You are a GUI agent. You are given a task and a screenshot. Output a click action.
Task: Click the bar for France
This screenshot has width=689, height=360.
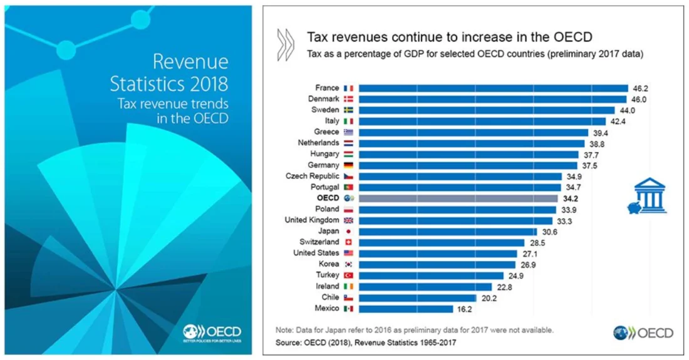tap(493, 88)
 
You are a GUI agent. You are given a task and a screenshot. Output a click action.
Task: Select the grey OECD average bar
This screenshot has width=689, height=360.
tap(458, 198)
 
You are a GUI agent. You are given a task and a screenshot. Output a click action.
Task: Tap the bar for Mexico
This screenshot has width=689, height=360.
tap(405, 309)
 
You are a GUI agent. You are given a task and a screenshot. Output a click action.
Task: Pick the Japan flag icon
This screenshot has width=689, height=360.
tap(349, 231)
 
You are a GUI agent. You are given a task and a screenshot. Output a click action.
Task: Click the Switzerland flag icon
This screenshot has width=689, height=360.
tap(349, 242)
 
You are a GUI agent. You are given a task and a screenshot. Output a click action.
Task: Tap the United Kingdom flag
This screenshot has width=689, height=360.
tap(349, 220)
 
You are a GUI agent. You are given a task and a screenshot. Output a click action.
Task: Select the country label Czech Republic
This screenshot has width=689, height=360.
tap(313, 176)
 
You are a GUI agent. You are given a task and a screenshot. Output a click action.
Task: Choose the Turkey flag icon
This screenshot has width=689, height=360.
tap(349, 275)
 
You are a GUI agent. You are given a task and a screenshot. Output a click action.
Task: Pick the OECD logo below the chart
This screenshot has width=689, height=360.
tap(643, 332)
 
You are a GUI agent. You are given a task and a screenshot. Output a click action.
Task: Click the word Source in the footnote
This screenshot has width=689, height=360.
tap(289, 342)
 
